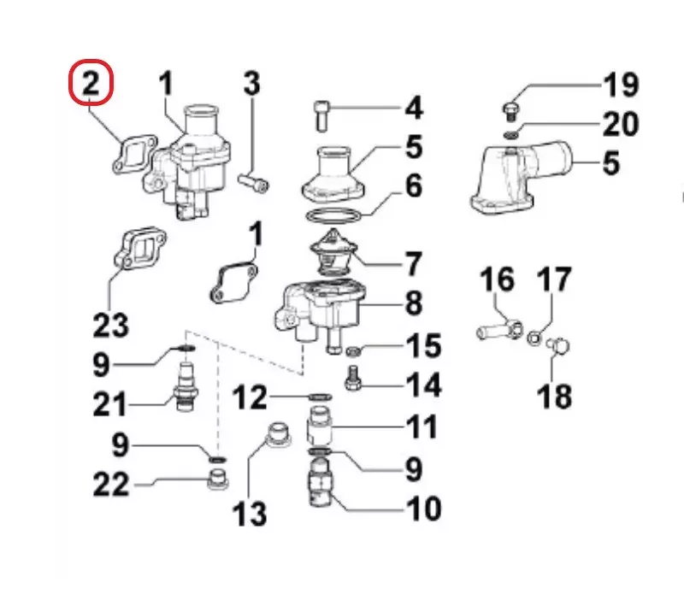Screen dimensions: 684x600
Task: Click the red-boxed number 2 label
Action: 91,83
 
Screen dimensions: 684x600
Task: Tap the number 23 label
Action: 111,325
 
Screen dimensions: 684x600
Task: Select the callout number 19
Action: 621,85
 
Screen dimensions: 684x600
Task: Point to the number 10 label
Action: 423,508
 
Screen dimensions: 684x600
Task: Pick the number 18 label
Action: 554,396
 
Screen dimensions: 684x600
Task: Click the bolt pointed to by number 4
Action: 322,116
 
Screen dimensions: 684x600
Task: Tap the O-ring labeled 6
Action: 333,216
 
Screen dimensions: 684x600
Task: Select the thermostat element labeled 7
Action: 333,253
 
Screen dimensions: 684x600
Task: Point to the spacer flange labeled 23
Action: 139,249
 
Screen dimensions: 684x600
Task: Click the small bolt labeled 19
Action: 510,112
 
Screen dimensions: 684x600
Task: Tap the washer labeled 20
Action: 510,135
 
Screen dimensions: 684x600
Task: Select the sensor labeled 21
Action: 185,387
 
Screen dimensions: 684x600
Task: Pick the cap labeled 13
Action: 279,434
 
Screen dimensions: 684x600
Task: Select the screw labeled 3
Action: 253,182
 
